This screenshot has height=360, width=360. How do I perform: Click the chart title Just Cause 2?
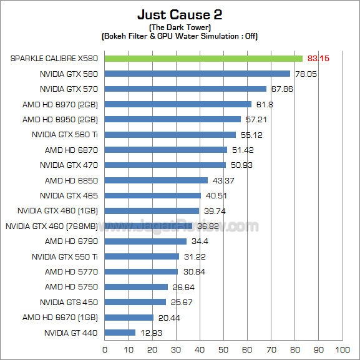click(x=180, y=14)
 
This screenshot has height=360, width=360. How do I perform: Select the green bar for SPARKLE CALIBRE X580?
click(x=203, y=59)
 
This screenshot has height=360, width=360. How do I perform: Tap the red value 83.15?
click(x=317, y=59)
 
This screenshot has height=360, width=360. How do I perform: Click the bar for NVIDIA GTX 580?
click(x=197, y=74)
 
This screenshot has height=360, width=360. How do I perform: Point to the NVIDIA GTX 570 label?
click(x=69, y=89)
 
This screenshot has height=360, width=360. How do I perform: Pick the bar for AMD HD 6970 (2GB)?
click(x=177, y=104)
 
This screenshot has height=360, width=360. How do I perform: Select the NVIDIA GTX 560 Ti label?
click(x=65, y=135)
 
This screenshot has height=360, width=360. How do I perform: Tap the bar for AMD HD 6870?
click(x=165, y=150)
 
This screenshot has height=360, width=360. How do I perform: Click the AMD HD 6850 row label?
click(x=71, y=180)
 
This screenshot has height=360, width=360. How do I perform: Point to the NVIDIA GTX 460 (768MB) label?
click(x=51, y=226)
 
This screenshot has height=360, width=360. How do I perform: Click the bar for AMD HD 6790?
click(x=145, y=241)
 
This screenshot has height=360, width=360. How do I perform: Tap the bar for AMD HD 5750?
click(x=135, y=287)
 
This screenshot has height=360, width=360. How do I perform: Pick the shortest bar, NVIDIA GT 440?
click(x=119, y=333)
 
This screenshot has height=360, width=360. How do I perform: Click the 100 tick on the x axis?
click(x=342, y=349)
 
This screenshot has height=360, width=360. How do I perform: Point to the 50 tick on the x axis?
click(x=223, y=349)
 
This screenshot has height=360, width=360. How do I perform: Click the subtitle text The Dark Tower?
click(x=180, y=28)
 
